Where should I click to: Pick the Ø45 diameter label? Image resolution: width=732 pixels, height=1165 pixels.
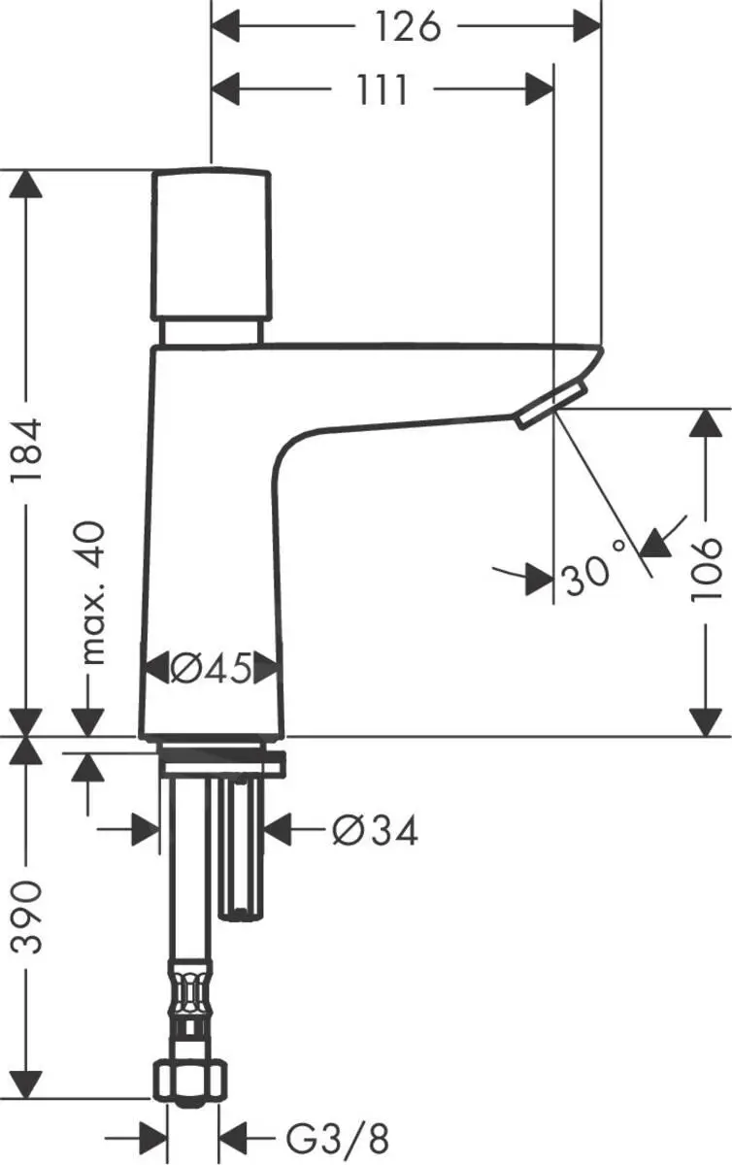pyautogui.click(x=212, y=668)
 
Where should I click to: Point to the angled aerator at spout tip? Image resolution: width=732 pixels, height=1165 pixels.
pyautogui.click(x=550, y=404)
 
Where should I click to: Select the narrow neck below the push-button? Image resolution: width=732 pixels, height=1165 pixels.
pyautogui.click(x=212, y=332)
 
